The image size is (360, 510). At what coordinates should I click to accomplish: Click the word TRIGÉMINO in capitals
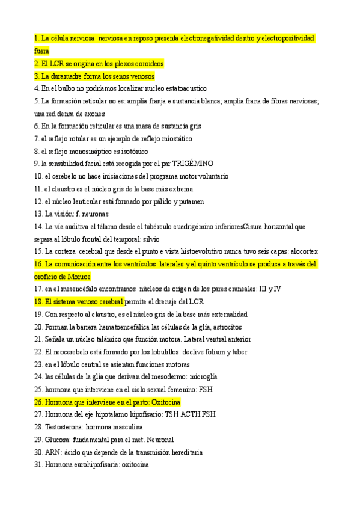click(192, 164)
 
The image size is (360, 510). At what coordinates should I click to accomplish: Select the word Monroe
click(79, 277)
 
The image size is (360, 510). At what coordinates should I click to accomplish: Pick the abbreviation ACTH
click(190, 414)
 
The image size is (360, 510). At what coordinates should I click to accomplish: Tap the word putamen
click(190, 201)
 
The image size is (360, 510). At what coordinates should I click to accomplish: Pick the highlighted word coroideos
click(144, 63)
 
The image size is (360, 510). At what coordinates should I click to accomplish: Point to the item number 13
click(38, 214)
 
